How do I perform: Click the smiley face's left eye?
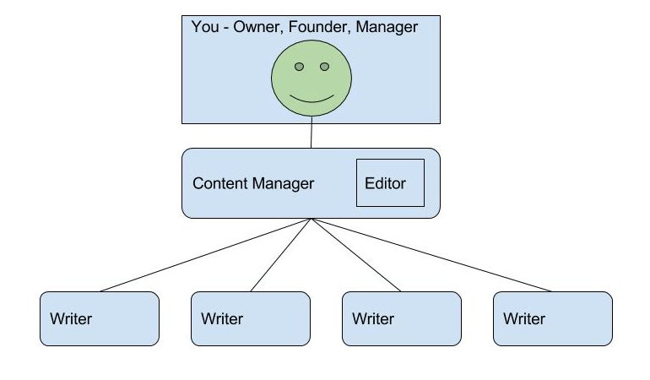pyautogui.click(x=299, y=67)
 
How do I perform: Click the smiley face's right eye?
pyautogui.click(x=324, y=67)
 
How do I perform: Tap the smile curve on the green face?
pyautogui.click(x=311, y=99)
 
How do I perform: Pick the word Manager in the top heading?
pyautogui.click(x=387, y=28)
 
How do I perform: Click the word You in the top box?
pyautogui.click(x=205, y=28)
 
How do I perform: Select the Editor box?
pyautogui.click(x=389, y=182)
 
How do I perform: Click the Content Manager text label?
pyautogui.click(x=253, y=183)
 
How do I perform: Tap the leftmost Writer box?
pyautogui.click(x=100, y=318)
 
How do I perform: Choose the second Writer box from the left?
pyautogui.click(x=251, y=318)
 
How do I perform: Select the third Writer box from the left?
pyautogui.click(x=402, y=318)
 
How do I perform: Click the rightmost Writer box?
pyautogui.click(x=553, y=318)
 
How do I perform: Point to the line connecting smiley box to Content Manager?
pyautogui.click(x=311, y=136)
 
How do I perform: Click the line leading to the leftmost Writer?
pyautogui.click(x=205, y=255)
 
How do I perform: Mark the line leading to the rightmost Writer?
pyautogui.click(x=431, y=255)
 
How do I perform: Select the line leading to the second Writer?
pyautogui.click(x=281, y=255)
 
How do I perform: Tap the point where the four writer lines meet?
pyautogui.click(x=311, y=219)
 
